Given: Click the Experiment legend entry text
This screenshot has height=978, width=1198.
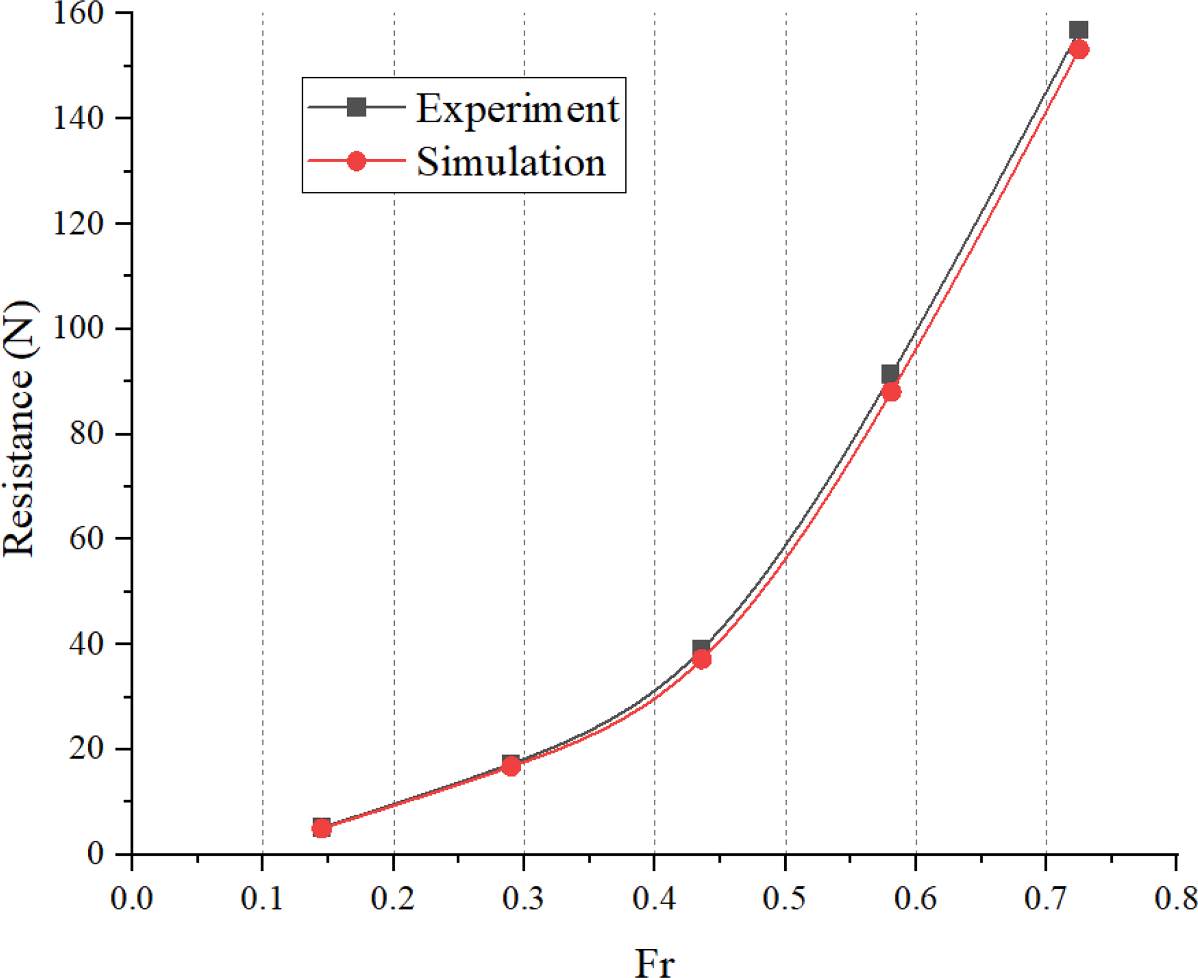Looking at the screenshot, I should click(x=517, y=109).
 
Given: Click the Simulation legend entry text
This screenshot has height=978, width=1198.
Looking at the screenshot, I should click(x=511, y=162).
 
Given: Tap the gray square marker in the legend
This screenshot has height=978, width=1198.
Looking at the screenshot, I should click(x=356, y=107).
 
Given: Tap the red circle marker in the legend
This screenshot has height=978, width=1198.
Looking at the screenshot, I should click(x=356, y=161).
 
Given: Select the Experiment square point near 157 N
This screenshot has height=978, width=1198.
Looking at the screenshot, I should click(x=1078, y=30).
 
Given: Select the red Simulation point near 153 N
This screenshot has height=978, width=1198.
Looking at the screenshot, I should click(x=1079, y=49).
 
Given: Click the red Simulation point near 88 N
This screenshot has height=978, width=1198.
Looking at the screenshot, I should click(x=891, y=392).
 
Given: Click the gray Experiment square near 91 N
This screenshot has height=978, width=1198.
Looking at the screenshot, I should click(x=890, y=374).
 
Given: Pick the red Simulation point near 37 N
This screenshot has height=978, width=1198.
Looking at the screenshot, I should click(x=701, y=659).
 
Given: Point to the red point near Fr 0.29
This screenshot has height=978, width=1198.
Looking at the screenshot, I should click(x=511, y=767).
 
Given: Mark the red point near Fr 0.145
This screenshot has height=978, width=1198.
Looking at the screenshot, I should click(x=322, y=829).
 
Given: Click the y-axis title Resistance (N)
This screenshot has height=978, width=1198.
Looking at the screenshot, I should click(x=19, y=429).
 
